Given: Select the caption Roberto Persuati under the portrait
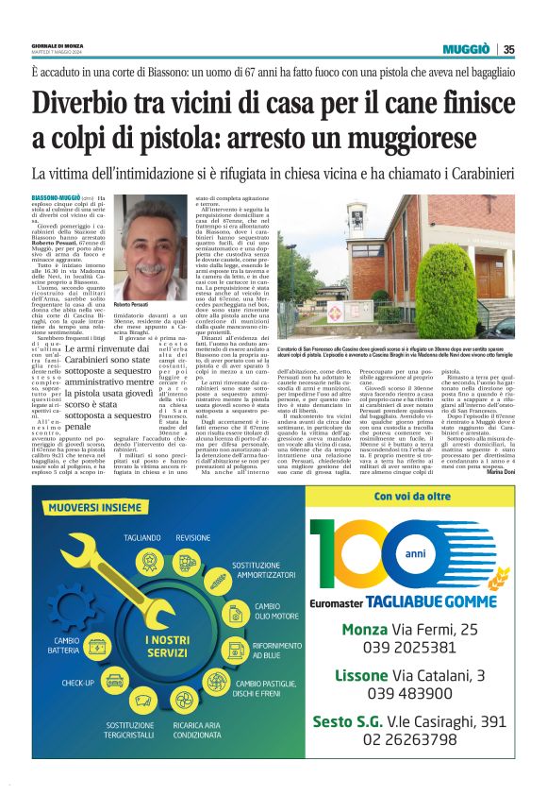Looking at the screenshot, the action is [135, 308].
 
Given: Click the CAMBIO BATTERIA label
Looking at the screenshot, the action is [66, 644].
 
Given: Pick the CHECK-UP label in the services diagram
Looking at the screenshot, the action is [77, 681].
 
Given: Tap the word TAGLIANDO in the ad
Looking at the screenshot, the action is [141, 537].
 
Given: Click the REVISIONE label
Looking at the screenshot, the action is [193, 537].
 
